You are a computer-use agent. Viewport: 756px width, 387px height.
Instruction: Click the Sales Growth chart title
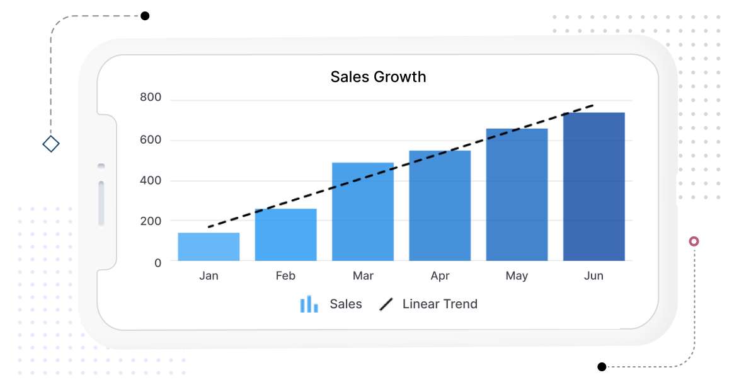[378, 77]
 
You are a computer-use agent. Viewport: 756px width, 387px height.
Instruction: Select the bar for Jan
[209, 246]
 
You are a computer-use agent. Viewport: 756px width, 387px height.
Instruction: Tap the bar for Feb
[285, 234]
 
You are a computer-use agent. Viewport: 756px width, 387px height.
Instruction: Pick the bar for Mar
[363, 212]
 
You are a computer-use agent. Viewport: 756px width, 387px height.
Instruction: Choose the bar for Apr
[440, 205]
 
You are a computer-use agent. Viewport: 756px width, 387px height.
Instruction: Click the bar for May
[517, 195]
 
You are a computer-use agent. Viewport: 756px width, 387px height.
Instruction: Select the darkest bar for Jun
[593, 187]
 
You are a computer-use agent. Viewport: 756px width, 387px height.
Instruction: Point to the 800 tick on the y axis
[151, 98]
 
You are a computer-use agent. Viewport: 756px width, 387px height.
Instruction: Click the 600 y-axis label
[151, 139]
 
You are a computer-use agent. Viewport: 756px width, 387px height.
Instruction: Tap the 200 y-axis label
[151, 221]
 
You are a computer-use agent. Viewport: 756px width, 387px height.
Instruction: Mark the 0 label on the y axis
[157, 263]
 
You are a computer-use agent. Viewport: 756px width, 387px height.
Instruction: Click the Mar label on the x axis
[363, 276]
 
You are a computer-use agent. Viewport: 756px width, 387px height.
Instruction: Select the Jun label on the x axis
[593, 276]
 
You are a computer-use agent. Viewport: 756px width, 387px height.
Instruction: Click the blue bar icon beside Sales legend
[309, 304]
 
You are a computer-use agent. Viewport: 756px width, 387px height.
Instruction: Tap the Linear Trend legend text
[440, 304]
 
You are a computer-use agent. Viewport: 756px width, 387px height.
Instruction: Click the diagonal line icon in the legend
[386, 304]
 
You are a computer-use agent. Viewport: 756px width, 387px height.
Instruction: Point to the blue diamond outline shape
[51, 144]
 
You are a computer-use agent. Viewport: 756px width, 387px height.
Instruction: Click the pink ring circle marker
[694, 241]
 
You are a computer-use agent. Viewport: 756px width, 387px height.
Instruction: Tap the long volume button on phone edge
[101, 203]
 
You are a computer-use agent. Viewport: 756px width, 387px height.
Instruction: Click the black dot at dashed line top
[145, 16]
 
